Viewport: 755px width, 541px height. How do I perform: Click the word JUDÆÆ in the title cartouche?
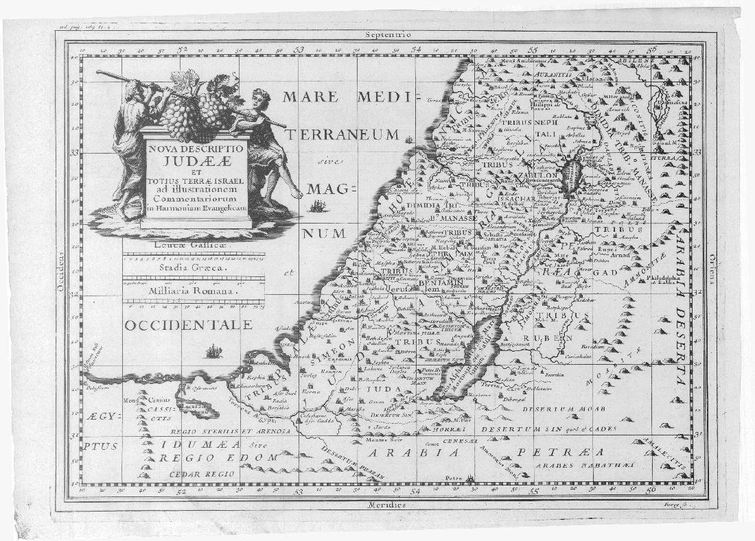click(196, 161)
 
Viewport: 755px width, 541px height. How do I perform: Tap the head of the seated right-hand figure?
click(259, 96)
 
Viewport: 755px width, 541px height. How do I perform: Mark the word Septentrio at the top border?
click(388, 34)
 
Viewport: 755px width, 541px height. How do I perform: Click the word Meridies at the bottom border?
click(385, 505)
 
